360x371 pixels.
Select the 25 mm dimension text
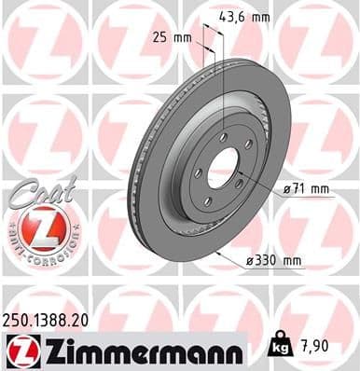tap(175, 37)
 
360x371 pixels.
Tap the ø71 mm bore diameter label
tap(308, 189)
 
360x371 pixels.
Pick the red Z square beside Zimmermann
tap(20, 350)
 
